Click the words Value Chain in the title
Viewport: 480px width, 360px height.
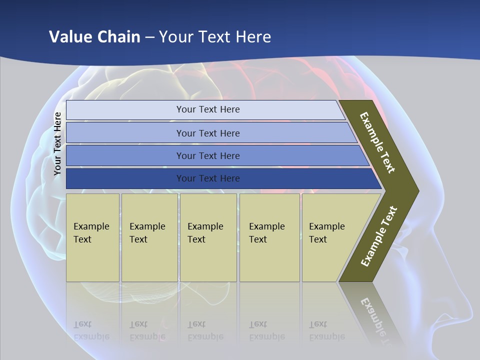pyautogui.click(x=94, y=36)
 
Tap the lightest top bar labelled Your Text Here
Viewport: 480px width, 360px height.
pyautogui.click(x=207, y=109)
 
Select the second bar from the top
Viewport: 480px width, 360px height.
pyautogui.click(x=207, y=133)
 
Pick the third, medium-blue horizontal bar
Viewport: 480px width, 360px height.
pyautogui.click(x=207, y=155)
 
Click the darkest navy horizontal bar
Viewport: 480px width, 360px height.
pyautogui.click(x=207, y=178)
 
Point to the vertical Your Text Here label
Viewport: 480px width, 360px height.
pyautogui.click(x=57, y=144)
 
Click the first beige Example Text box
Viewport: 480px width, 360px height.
pyautogui.click(x=92, y=237)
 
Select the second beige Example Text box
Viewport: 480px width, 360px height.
pyautogui.click(x=149, y=237)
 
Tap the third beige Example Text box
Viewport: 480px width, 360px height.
pyautogui.click(x=208, y=237)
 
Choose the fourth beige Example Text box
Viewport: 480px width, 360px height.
pyautogui.click(x=269, y=237)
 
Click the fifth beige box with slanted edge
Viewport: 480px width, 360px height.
pyautogui.click(x=330, y=237)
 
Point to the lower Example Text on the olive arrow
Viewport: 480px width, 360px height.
pyautogui.click(x=379, y=236)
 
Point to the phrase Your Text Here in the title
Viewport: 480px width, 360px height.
pyautogui.click(x=215, y=36)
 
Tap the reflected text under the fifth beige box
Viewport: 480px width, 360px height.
pyautogui.click(x=326, y=330)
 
